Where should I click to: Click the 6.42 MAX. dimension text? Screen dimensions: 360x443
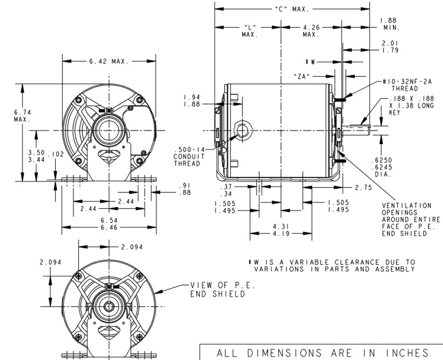coord(109,62)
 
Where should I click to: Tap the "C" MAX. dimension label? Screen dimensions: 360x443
coord(292,9)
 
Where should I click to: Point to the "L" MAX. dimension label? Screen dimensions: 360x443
coord(250,31)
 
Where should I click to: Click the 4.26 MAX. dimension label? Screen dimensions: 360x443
coord(311,31)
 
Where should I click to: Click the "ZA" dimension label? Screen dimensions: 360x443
coord(301,76)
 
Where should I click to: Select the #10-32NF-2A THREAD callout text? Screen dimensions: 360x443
coord(407,85)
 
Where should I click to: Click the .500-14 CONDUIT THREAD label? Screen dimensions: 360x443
coord(189,156)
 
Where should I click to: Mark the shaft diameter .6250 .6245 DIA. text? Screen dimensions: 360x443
coord(381,167)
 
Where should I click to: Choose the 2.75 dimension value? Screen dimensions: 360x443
coord(363,188)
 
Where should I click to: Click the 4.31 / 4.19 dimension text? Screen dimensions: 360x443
coord(281,230)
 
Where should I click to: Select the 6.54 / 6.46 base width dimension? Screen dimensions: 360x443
coord(109,224)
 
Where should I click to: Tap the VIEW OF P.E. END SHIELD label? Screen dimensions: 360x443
coord(223,290)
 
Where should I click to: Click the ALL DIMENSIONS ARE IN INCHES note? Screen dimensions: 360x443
coord(322,353)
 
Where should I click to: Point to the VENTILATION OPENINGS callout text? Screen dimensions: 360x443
coord(411,219)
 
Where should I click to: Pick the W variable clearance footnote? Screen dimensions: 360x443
coord(332,265)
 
